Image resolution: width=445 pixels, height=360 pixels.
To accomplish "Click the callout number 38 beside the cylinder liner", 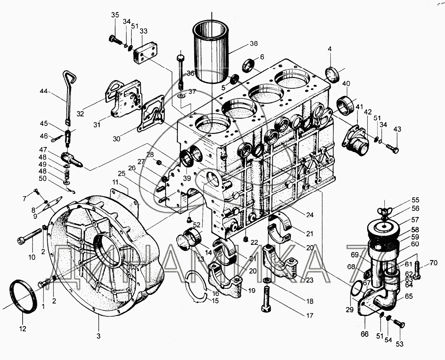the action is point(254,43).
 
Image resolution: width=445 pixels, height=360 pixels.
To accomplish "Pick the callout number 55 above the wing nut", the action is point(415,200).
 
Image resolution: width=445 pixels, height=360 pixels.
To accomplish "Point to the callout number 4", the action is point(330,49).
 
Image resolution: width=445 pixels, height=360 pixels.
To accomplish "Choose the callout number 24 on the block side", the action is point(310,215).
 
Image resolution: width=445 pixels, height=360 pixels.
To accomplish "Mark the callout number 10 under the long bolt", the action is point(32,257).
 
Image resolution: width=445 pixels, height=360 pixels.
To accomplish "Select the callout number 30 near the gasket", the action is point(116,139).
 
